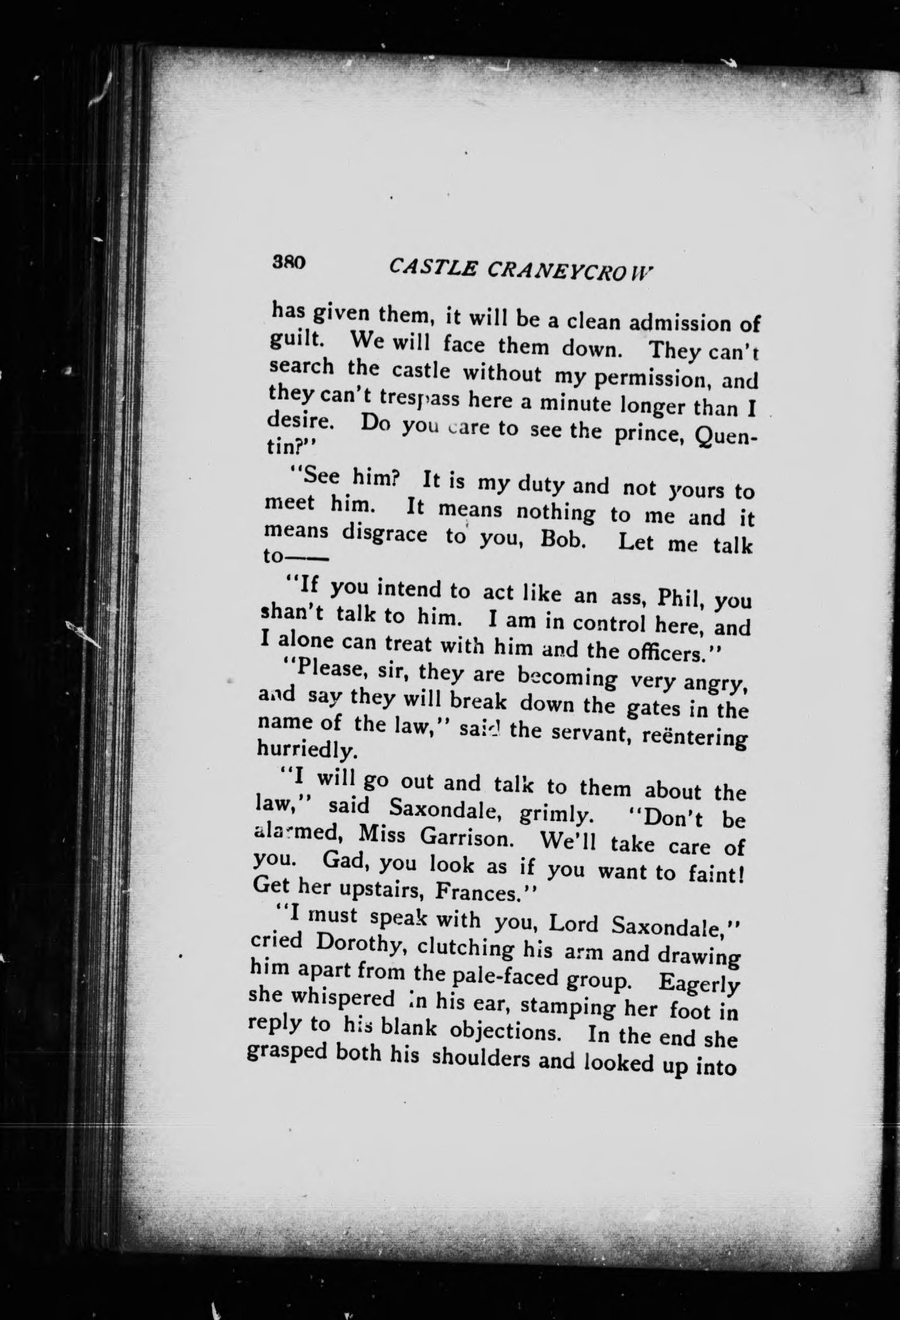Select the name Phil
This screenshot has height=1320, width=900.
pyautogui.click(x=678, y=598)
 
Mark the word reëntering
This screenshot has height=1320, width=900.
pyautogui.click(x=692, y=737)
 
